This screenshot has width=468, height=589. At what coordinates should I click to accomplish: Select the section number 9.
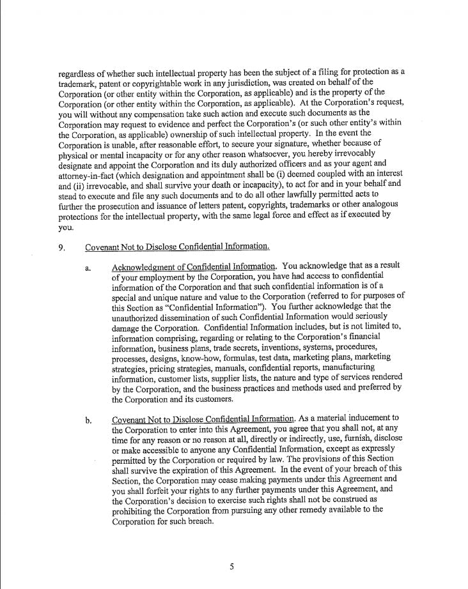pos(61,247)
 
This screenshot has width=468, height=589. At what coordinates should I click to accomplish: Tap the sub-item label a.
pos(88,268)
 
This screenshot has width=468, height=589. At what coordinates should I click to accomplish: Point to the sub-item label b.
pos(88,420)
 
